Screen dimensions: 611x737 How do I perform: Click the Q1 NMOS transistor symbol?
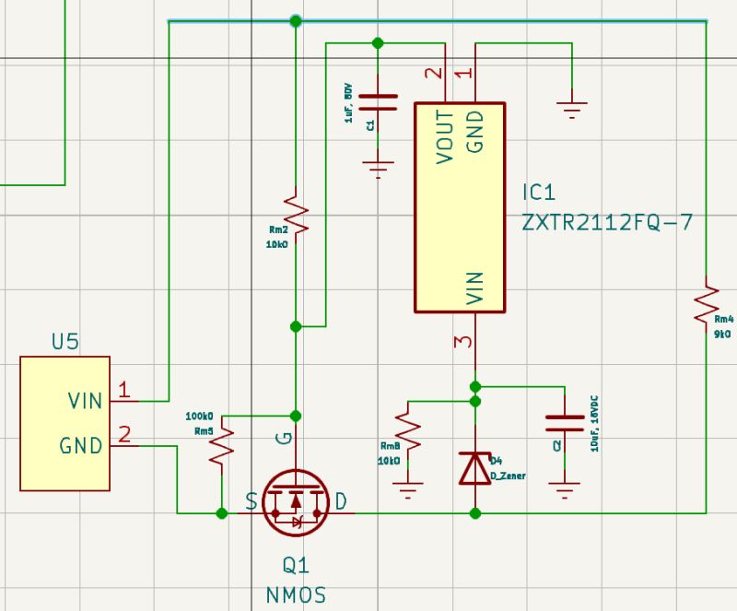[x=295, y=502]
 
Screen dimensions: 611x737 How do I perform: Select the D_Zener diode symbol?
[x=474, y=468]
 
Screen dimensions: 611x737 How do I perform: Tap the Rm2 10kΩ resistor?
[x=294, y=213]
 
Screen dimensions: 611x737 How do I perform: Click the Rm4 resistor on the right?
[x=706, y=305]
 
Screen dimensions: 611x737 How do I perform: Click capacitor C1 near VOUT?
[x=377, y=101]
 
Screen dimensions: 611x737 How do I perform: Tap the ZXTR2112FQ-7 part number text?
[x=606, y=223]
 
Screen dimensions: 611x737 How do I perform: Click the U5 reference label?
[x=64, y=342]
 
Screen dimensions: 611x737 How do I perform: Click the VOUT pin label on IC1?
[x=445, y=136]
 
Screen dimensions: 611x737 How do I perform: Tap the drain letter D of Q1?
[x=341, y=502]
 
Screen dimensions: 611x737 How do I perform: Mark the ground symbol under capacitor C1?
[x=377, y=169]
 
